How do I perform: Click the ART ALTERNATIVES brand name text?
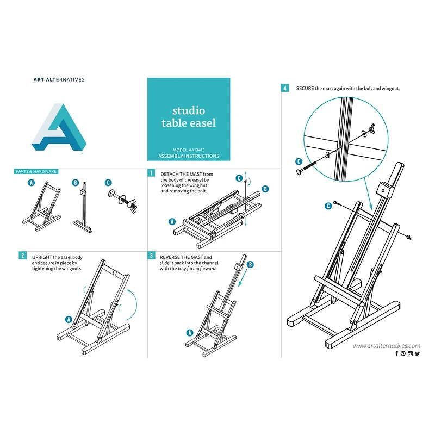(x=59, y=79)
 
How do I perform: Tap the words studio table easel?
(x=189, y=117)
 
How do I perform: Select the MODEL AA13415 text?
(x=188, y=150)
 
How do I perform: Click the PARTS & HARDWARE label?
(x=36, y=171)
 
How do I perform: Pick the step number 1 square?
(x=151, y=173)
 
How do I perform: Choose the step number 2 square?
(x=23, y=255)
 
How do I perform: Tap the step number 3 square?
(x=151, y=255)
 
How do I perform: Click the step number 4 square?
(x=285, y=88)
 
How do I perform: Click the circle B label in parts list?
(x=76, y=183)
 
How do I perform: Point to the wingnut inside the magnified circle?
(x=374, y=128)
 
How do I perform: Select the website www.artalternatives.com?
(x=386, y=345)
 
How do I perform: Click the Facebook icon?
(x=397, y=353)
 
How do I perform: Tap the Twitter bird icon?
(x=418, y=353)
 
